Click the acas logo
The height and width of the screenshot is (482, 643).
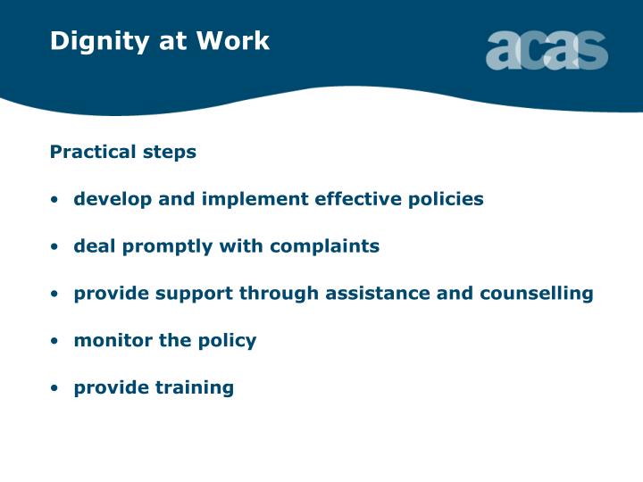pos(546,50)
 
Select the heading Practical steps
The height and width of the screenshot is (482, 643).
pos(123,152)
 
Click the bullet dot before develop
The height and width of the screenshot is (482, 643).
pos(55,200)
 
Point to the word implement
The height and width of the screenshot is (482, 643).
pos(247,199)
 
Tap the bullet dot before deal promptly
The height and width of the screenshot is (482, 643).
pos(55,247)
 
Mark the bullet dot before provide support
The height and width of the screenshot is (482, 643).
pos(55,295)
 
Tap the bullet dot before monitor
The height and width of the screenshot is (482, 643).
pos(55,342)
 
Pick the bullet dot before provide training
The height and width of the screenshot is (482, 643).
pos(55,389)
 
